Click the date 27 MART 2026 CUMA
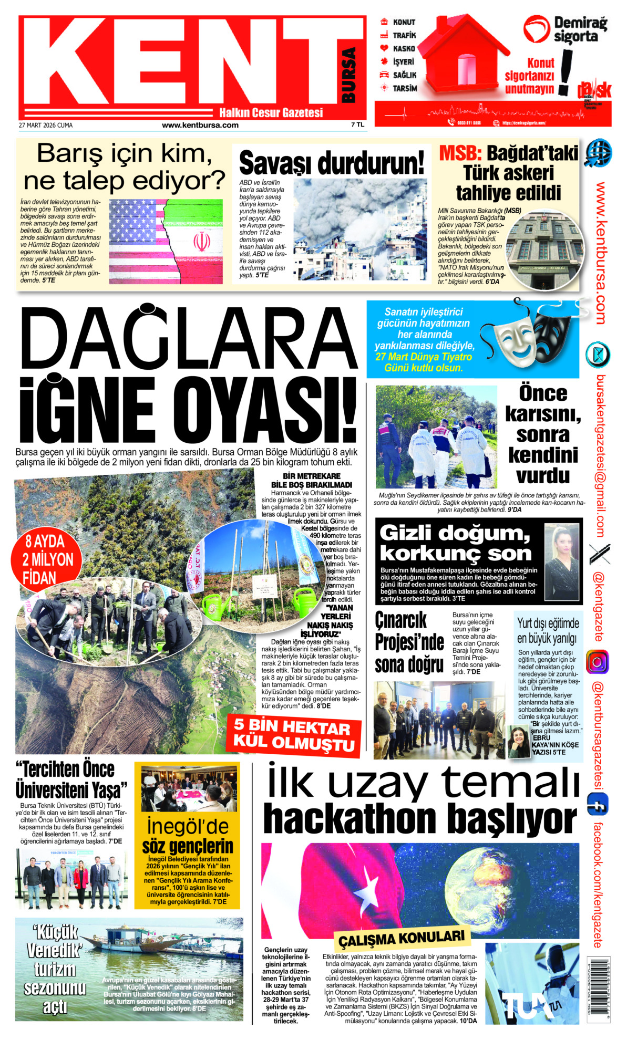(x=46, y=126)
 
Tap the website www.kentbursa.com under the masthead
(x=200, y=126)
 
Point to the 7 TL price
(x=357, y=125)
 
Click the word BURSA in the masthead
(x=348, y=75)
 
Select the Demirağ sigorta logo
(x=566, y=29)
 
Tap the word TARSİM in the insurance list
(x=405, y=88)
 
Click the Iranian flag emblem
(x=201, y=242)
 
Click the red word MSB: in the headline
(x=460, y=153)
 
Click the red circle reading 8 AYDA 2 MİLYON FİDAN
(x=46, y=560)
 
